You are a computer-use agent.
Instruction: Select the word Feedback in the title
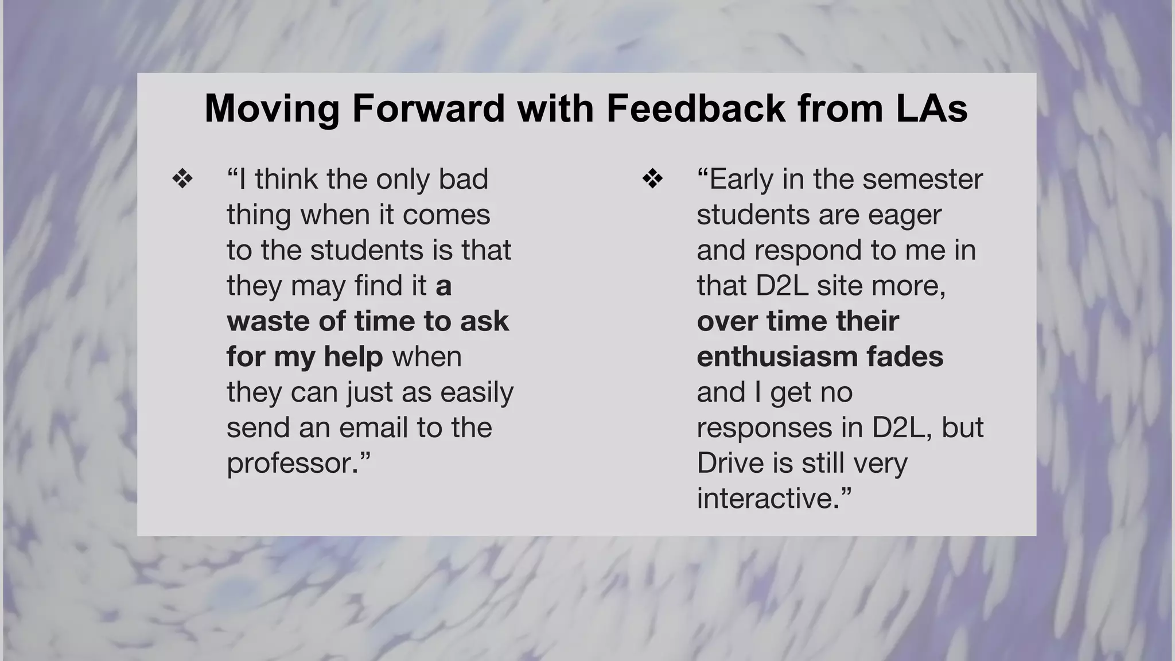(x=695, y=108)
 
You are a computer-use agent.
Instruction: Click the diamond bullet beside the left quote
(x=182, y=179)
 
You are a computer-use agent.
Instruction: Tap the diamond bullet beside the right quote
(x=653, y=179)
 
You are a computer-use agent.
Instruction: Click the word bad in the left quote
(x=464, y=179)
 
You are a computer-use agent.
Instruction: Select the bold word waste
(x=269, y=321)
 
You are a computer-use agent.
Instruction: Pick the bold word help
(x=353, y=356)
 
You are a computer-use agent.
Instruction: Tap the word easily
(x=477, y=393)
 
